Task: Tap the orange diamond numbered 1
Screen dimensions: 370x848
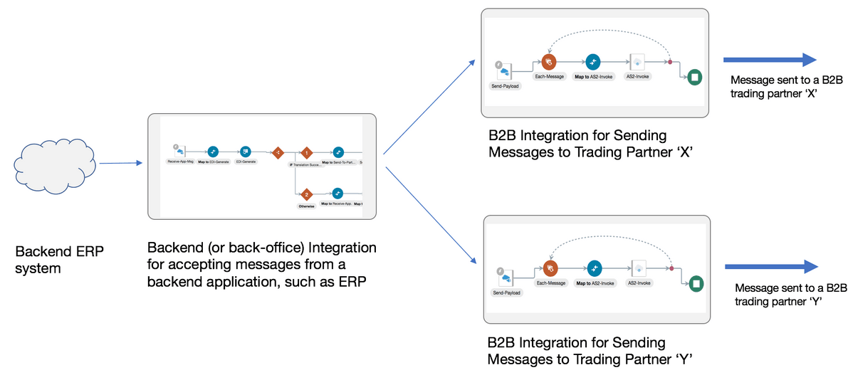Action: [306, 152]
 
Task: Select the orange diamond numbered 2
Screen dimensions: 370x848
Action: [306, 194]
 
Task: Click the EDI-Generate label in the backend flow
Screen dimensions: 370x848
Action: [246, 162]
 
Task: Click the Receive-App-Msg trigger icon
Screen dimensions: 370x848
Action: [179, 150]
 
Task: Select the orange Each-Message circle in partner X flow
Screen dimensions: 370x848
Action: [548, 63]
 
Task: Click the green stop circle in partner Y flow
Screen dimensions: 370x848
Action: [696, 284]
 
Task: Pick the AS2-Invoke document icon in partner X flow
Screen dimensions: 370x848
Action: [637, 62]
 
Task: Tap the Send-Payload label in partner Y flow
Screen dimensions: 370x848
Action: [506, 292]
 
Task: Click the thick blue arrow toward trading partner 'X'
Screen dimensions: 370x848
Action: [769, 60]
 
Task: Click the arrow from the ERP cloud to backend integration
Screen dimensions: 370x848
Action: [120, 164]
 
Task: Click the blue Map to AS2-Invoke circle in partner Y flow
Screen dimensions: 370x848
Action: [594, 268]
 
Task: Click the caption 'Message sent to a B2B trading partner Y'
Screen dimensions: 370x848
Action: [790, 294]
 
